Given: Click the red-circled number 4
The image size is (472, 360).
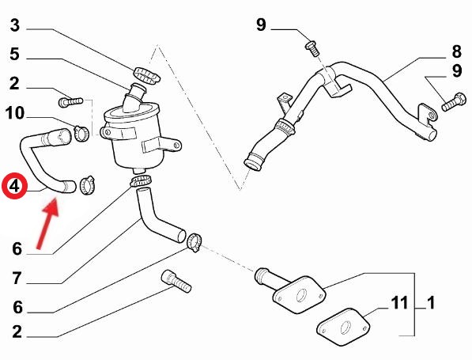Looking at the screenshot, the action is tap(14, 186).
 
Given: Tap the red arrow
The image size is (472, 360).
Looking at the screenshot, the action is tap(47, 224).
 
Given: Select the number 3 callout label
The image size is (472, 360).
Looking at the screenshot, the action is tap(15, 25).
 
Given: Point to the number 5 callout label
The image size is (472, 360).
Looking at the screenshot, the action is tap(14, 55).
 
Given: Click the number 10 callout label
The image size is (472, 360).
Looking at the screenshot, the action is tap(14, 113).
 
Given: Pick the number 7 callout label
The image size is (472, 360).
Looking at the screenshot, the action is tap(17, 279).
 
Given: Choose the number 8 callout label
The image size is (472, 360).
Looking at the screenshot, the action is tap(456, 51).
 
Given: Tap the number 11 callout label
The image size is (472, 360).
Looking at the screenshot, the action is tap(399, 303).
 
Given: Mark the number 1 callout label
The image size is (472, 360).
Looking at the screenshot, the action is tap(431, 303).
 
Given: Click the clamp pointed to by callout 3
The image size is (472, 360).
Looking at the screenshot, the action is tap(146, 75).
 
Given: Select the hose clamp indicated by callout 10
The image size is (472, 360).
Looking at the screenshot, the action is tap(81, 133).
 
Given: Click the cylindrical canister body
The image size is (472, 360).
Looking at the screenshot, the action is tap(135, 142).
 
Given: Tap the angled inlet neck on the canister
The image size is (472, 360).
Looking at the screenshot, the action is tap(134, 97).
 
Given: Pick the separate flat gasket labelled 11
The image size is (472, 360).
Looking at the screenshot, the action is tap(343, 327).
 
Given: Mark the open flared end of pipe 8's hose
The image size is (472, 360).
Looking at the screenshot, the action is tap(252, 163).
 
